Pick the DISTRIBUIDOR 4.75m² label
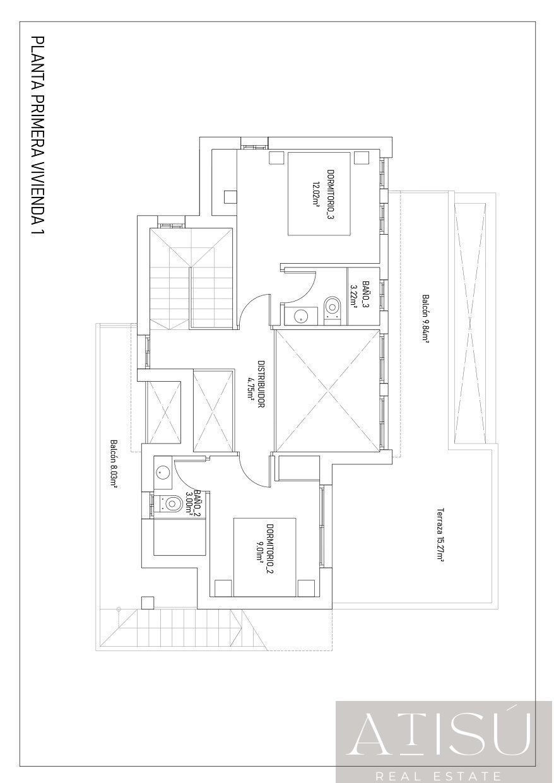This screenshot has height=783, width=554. [256, 385]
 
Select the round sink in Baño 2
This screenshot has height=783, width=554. [162, 471]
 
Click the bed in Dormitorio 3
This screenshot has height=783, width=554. [319, 194]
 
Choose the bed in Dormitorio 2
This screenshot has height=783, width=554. [265, 555]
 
